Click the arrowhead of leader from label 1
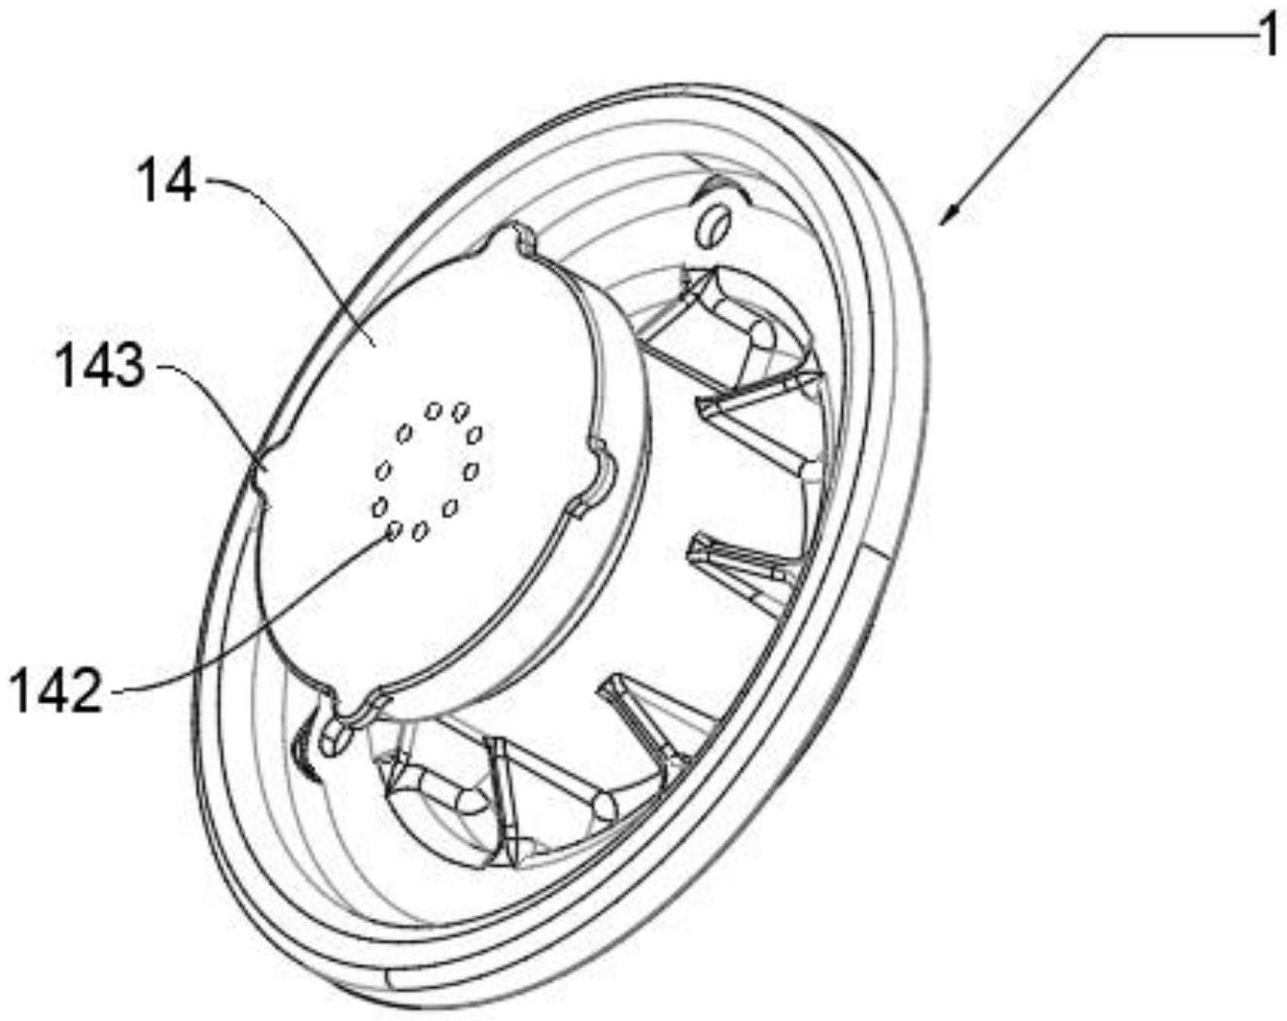948,216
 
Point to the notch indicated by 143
261,479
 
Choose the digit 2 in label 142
86,692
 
